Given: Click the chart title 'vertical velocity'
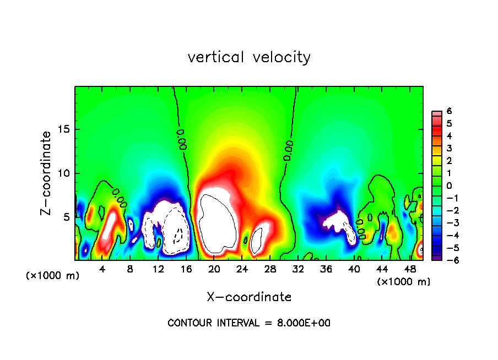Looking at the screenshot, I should (x=249, y=57).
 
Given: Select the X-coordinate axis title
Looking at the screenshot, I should (x=249, y=297).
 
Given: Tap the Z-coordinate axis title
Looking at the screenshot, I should (x=46, y=173).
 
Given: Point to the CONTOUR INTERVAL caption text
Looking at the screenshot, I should (x=249, y=323).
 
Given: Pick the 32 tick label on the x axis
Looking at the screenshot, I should (x=298, y=269).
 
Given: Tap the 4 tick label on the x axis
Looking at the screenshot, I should (x=102, y=269).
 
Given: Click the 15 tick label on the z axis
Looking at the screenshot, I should (x=64, y=130).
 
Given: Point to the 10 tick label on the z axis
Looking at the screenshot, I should (x=64, y=173).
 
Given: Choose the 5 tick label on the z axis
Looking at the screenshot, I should (x=67, y=217).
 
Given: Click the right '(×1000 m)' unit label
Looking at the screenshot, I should (x=404, y=282).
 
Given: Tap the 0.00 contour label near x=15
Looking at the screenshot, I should (x=181, y=139).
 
